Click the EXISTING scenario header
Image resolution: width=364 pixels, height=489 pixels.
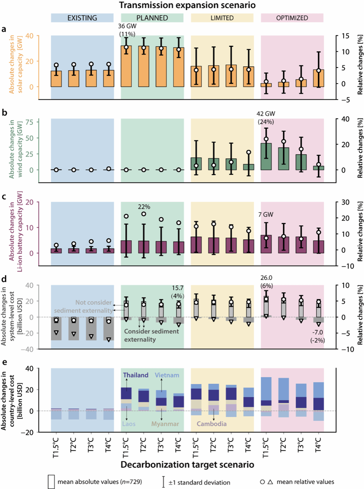(x=82, y=18)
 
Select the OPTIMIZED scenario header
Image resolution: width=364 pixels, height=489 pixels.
(x=292, y=18)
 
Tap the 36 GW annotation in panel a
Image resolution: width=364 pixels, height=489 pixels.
(x=127, y=26)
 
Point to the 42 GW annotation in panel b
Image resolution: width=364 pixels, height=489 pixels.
(x=266, y=114)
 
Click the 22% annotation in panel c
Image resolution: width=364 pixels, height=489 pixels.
(x=144, y=207)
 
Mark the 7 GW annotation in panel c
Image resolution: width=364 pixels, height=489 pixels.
(x=266, y=215)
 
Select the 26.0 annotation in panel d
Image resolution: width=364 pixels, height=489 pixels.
(x=266, y=278)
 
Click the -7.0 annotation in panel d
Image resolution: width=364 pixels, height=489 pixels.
(x=317, y=333)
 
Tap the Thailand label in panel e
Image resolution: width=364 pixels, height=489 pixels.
(x=135, y=375)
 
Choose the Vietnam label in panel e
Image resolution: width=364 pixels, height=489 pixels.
(x=167, y=375)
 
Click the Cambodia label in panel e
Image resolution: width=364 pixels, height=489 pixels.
(x=211, y=424)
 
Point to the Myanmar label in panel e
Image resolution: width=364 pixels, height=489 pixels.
(x=165, y=424)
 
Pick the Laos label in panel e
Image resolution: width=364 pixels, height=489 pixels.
(x=129, y=424)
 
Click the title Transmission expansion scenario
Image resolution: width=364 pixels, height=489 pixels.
(x=187, y=5)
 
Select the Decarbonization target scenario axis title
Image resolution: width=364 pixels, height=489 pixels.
(x=187, y=465)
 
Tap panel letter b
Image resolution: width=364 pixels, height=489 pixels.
(x=4, y=113)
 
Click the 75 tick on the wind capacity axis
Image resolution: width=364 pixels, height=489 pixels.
(x=29, y=122)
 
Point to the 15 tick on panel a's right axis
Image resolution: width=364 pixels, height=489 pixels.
(x=345, y=36)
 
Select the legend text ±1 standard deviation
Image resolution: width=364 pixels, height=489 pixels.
(x=199, y=482)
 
